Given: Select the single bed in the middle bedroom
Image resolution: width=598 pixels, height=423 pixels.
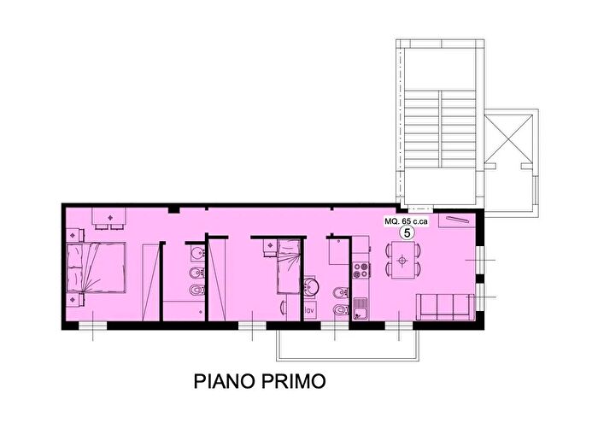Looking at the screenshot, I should tap(288, 267).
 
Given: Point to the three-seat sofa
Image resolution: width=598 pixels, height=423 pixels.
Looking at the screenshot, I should tap(445, 306).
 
